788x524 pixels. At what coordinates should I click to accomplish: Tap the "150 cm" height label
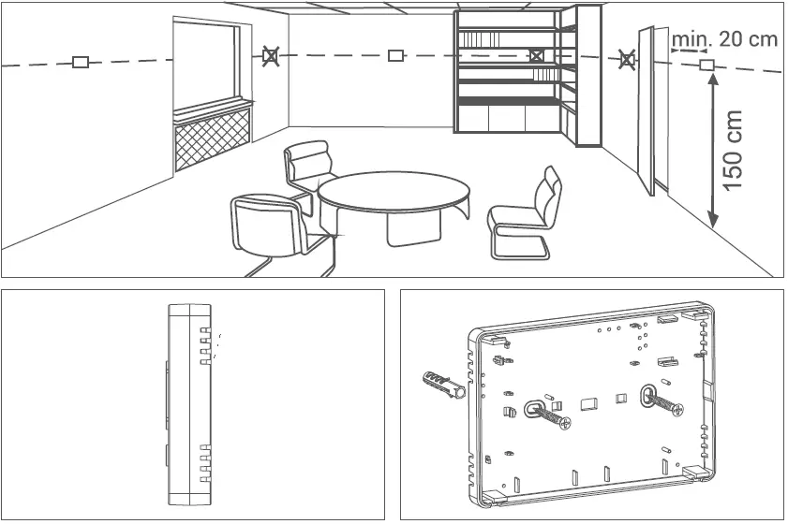(736, 150)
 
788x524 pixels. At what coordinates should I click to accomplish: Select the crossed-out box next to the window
(270, 57)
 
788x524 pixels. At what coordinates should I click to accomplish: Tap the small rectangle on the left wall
(81, 63)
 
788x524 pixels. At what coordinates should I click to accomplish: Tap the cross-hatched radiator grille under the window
(213, 138)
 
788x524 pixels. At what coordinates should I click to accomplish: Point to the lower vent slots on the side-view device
(205, 463)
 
